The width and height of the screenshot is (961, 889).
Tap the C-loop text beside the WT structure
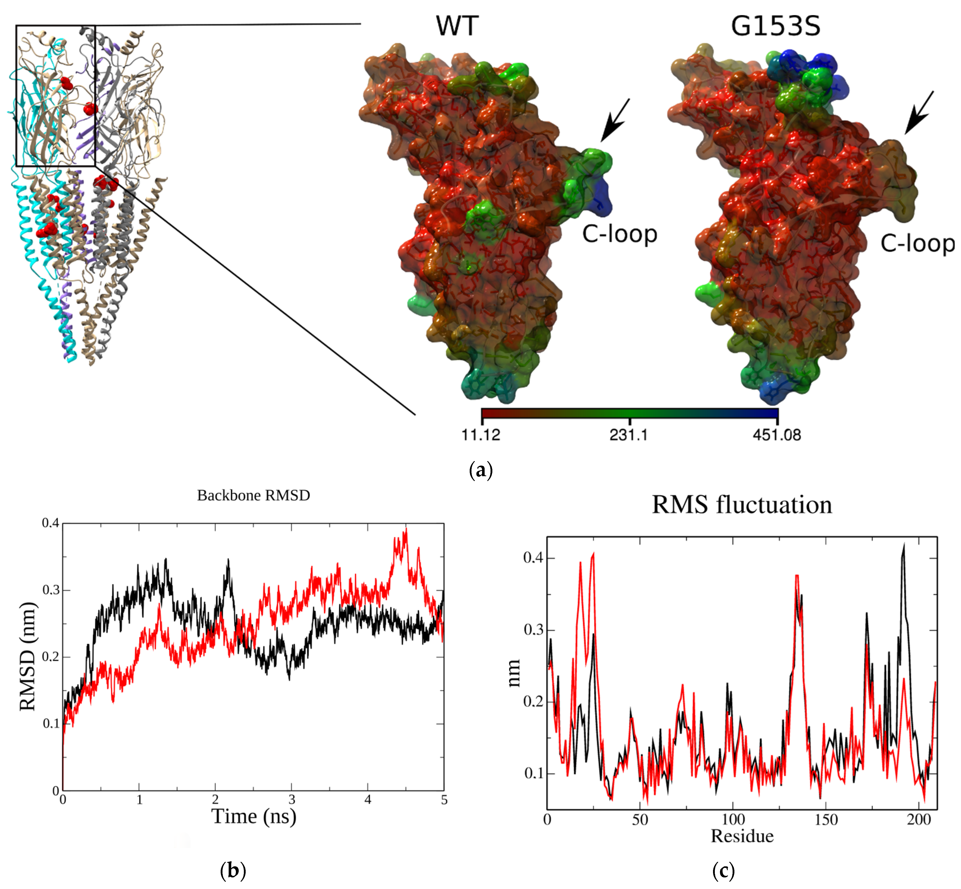coord(620,234)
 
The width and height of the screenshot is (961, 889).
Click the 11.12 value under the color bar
coord(481,435)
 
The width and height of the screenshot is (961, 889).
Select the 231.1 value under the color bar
coord(629,435)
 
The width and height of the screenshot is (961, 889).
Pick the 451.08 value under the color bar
coord(777,435)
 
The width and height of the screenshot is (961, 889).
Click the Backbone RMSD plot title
coord(253,495)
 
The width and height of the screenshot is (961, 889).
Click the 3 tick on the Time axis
coord(291,800)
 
